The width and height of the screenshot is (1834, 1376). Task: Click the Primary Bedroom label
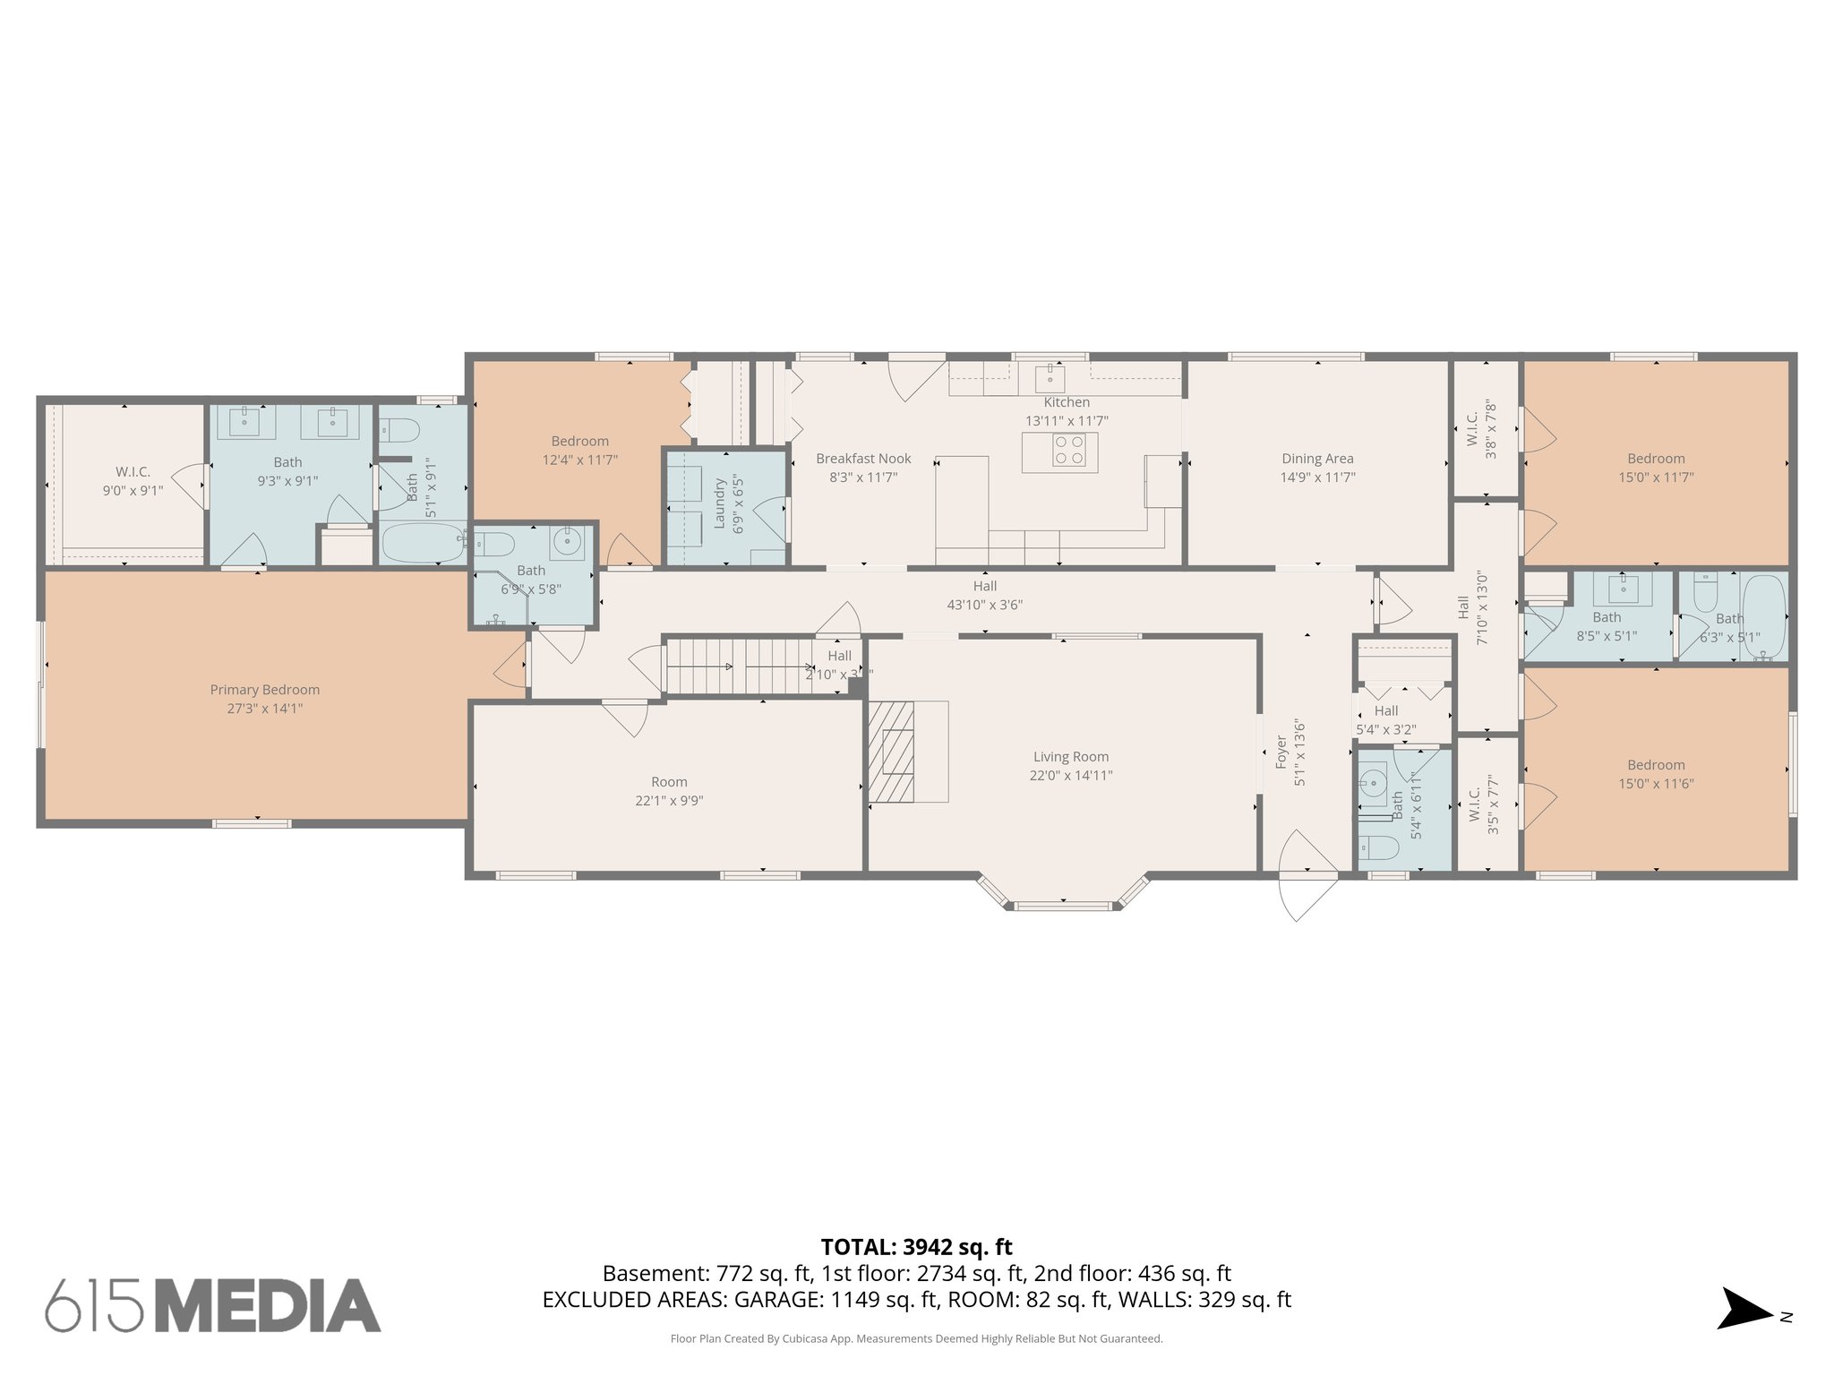pyautogui.click(x=264, y=690)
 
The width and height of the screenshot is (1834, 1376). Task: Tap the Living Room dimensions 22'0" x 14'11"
pyautogui.click(x=1070, y=776)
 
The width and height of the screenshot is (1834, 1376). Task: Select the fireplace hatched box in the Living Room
pyautogui.click(x=892, y=751)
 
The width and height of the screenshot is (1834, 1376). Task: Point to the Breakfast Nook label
pyautogui.click(x=863, y=459)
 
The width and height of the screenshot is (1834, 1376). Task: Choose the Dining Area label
pyautogui.click(x=1316, y=459)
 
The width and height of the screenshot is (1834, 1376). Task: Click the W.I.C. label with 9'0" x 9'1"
pyautogui.click(x=133, y=472)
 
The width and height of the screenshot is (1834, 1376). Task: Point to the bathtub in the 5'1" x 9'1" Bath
pyautogui.click(x=422, y=542)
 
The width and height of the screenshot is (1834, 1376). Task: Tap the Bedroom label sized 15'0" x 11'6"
pyautogui.click(x=1656, y=765)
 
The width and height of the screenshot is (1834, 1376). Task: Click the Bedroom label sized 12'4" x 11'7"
pyautogui.click(x=579, y=441)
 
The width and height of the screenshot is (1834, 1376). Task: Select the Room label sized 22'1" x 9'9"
pyautogui.click(x=669, y=782)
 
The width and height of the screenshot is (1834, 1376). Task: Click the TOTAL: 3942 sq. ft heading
pyautogui.click(x=916, y=1247)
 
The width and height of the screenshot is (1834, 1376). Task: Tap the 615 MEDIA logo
pyautogui.click(x=213, y=1305)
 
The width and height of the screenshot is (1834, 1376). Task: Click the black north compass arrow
pyautogui.click(x=1742, y=1309)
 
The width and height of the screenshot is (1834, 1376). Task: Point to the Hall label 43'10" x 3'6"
pyautogui.click(x=984, y=586)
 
